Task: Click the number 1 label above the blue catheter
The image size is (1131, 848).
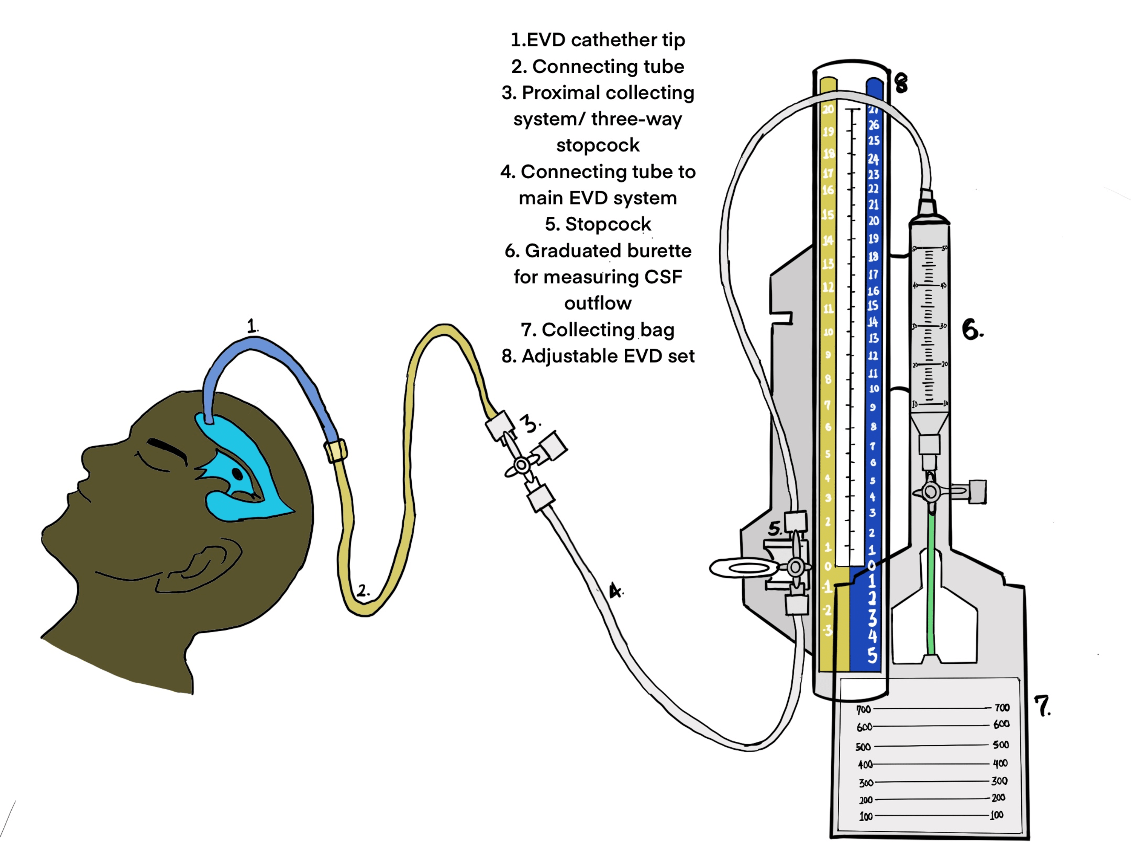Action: click(x=251, y=326)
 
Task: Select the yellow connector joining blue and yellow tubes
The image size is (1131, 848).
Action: click(x=336, y=450)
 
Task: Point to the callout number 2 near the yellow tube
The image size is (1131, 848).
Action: click(x=363, y=591)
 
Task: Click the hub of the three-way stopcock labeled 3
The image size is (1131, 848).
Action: click(x=521, y=465)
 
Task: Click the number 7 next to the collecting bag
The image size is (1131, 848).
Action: click(x=1042, y=706)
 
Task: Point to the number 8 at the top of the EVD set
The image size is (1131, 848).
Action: click(x=901, y=83)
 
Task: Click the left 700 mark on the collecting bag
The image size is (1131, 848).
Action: click(x=864, y=709)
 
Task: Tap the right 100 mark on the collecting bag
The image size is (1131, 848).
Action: click(x=996, y=815)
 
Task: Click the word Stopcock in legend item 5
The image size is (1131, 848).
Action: click(x=608, y=224)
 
